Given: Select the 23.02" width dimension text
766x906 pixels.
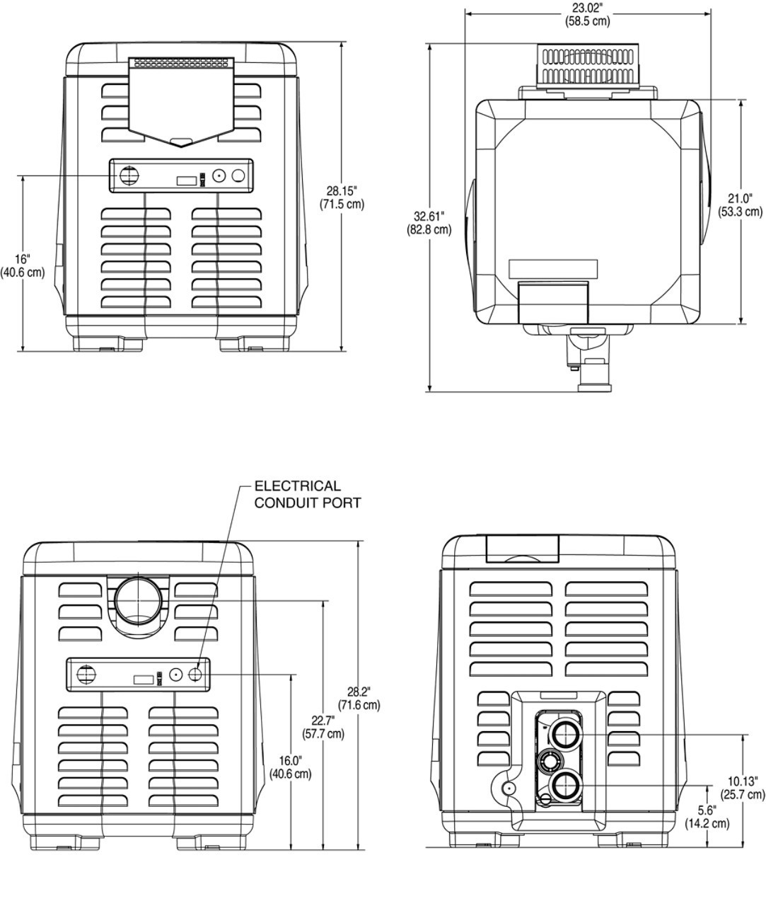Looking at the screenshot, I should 587,14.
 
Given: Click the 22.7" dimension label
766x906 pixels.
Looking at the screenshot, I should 323,727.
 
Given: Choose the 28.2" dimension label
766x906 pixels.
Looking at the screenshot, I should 359,698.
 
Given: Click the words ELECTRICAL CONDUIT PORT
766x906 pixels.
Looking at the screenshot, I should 307,494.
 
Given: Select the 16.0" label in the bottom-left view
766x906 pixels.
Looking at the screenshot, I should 291,767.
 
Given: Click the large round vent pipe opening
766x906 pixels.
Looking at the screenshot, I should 139,600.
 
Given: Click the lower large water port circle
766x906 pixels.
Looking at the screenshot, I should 564,785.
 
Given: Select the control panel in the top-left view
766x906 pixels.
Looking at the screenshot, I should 181,176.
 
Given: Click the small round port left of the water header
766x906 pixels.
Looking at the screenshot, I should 506,788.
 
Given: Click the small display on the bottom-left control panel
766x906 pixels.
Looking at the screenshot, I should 144,679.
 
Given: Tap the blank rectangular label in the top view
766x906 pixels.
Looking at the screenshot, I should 553,269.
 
